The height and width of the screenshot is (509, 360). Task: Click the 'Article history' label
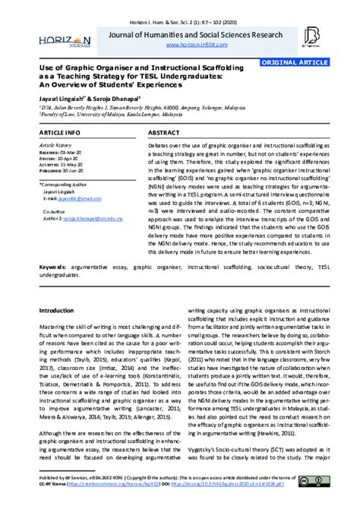point(57,144)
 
